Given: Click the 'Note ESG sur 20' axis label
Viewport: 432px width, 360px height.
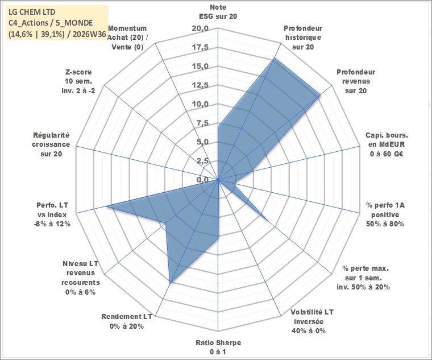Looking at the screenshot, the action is (218, 11).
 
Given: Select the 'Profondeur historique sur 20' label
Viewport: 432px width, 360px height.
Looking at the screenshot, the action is (303, 38).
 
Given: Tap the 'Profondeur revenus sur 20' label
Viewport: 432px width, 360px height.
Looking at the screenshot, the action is (356, 81).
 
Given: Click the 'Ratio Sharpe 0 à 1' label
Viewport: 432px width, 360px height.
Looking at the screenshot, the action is (218, 347).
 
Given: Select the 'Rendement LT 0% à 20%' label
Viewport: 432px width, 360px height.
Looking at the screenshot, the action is (127, 321).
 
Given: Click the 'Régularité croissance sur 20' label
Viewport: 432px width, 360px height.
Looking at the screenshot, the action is (51, 144).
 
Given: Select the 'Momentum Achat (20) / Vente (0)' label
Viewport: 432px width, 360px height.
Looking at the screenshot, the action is (127, 38).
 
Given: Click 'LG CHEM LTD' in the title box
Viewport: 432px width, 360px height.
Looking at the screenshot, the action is (32, 12).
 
